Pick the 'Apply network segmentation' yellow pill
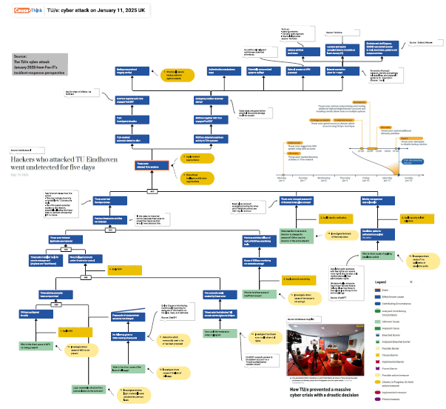tap(196, 158)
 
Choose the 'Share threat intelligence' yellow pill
tap(197, 176)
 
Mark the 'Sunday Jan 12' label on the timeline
tap(408, 179)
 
